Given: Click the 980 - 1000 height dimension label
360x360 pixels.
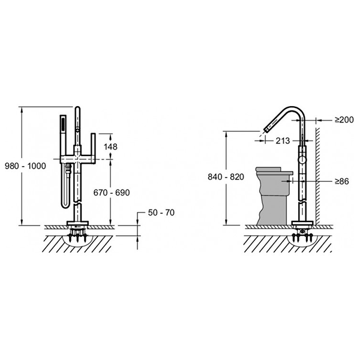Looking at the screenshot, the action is (25, 166).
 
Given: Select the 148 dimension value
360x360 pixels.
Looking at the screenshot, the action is (110, 147).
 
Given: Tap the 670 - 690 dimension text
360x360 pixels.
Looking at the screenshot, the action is (112, 193).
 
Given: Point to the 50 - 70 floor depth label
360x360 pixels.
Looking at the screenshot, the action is (161, 212).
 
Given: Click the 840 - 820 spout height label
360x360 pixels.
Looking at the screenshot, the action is (226, 177).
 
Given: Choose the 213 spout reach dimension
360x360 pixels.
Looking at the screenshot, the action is (283, 141).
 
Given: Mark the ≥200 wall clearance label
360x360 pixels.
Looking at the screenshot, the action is (344, 119).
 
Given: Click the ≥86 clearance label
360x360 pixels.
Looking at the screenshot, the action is (341, 181).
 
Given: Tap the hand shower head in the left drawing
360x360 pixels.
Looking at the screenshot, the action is (62, 125).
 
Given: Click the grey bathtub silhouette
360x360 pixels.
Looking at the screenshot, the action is (273, 196).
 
